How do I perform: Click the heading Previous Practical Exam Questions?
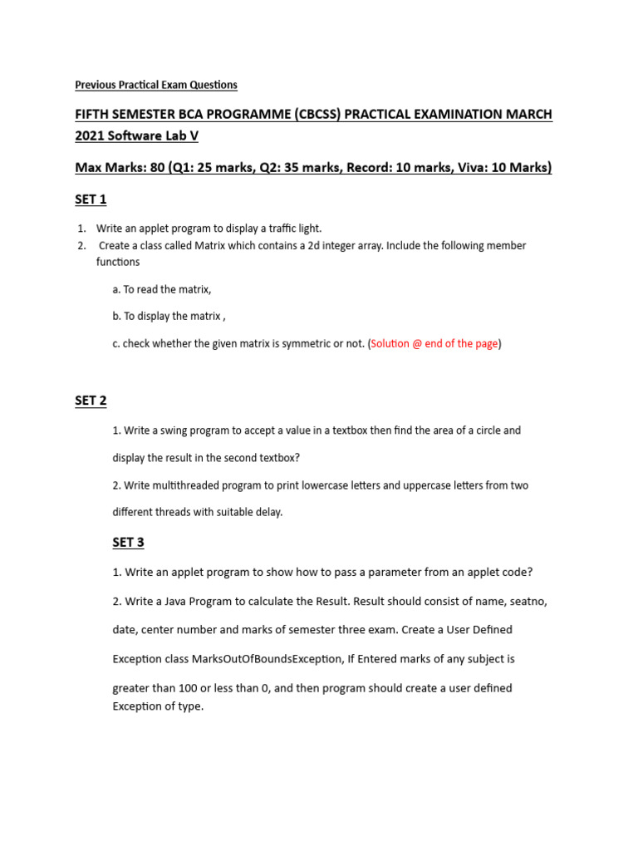point(156,85)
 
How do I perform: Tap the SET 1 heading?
point(91,199)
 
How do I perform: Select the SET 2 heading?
point(91,401)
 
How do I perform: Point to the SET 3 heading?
point(128,543)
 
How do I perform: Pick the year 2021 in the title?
point(91,136)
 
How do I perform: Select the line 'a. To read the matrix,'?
point(162,289)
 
